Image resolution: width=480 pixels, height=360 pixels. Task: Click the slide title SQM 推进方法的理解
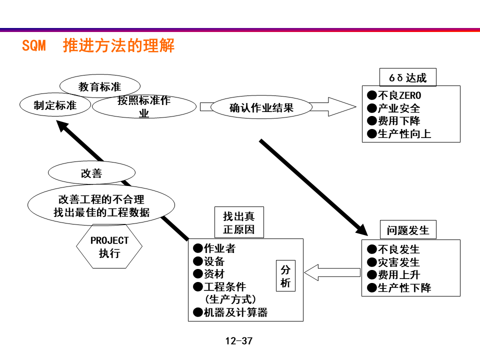(x=98, y=46)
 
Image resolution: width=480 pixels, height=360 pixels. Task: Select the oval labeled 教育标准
(x=100, y=87)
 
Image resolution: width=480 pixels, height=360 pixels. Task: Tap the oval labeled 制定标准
(x=55, y=105)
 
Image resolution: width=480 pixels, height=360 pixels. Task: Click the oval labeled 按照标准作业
(x=144, y=107)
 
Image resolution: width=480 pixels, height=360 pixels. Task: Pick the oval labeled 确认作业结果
(x=261, y=107)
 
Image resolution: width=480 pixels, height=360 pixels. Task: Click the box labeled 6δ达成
(x=407, y=78)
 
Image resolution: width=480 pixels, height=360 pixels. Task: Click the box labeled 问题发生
(x=407, y=230)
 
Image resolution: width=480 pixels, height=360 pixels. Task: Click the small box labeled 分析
(x=285, y=276)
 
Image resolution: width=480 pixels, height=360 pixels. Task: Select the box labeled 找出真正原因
(x=238, y=223)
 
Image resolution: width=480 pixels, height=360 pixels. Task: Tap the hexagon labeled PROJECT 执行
(x=109, y=246)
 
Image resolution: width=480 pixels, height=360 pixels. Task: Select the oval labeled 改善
(x=91, y=173)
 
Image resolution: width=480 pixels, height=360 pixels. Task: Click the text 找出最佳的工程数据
(x=101, y=212)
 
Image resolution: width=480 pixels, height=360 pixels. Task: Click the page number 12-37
(x=239, y=341)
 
